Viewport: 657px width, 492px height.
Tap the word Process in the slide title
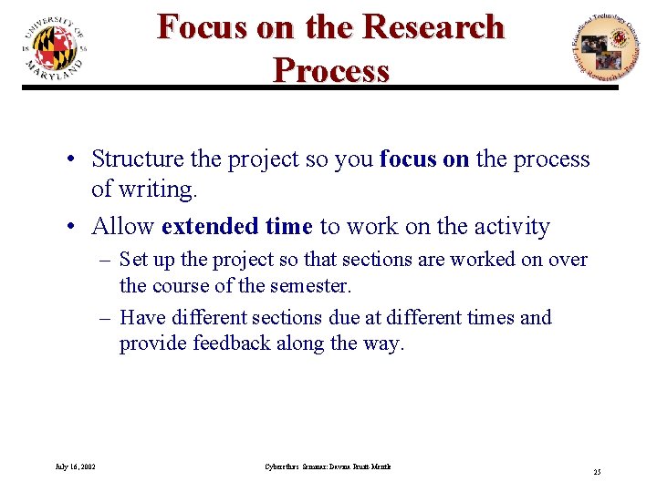pos(330,69)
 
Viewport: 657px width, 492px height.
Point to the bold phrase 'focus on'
pos(424,159)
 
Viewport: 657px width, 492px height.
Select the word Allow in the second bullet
pos(123,226)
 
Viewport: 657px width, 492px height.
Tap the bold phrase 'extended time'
pos(237,226)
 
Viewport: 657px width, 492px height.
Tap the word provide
pos(152,344)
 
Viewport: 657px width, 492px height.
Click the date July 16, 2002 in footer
pos(75,466)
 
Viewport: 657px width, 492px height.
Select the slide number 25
pos(597,472)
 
